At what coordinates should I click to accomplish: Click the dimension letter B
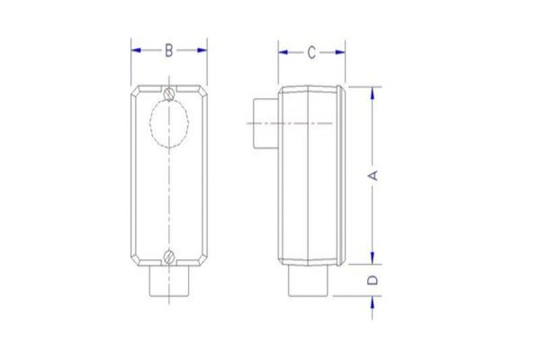[x=169, y=50]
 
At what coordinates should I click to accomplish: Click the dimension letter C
[x=311, y=53]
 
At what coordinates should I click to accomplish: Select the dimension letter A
[x=373, y=176]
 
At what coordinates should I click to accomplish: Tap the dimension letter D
[x=373, y=280]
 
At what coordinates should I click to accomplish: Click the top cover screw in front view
[x=169, y=94]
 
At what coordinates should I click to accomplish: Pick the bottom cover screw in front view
[x=169, y=257]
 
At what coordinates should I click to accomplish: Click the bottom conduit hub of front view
[x=169, y=281]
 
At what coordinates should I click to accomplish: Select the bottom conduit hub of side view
[x=308, y=281]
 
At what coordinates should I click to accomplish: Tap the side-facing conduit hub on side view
[x=266, y=124]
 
